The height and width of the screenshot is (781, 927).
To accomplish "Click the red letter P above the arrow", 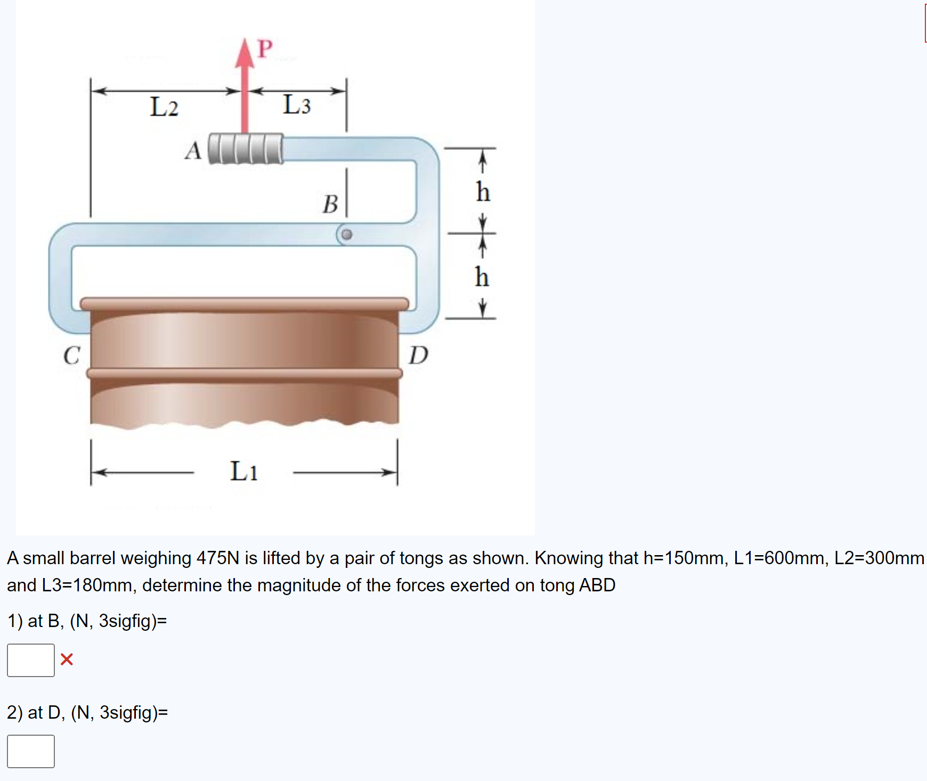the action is (265, 48).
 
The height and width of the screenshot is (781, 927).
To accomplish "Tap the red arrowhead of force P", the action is (245, 53).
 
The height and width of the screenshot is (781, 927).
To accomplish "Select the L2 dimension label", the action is (164, 107).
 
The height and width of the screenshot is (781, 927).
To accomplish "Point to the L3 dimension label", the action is (297, 104).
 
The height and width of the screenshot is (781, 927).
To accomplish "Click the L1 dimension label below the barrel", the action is (244, 471).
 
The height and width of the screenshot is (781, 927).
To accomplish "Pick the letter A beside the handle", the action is (193, 150).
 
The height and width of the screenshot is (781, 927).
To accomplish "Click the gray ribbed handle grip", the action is (245, 148).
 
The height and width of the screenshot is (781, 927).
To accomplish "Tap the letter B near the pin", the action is (330, 204).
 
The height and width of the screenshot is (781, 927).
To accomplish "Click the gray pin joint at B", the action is (347, 234).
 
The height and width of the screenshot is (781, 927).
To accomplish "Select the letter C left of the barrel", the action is (72, 355).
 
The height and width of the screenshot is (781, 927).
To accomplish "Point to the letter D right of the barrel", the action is (418, 355).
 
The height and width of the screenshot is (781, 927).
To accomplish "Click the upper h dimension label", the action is (483, 192).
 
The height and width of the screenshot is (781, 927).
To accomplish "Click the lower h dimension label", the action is (482, 277).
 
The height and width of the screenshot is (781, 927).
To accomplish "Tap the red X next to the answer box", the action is (67, 660).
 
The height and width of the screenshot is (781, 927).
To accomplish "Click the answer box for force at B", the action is (31, 660).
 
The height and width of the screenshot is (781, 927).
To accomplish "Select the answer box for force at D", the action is (31, 751).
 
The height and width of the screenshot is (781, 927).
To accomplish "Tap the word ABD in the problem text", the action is (597, 585).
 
